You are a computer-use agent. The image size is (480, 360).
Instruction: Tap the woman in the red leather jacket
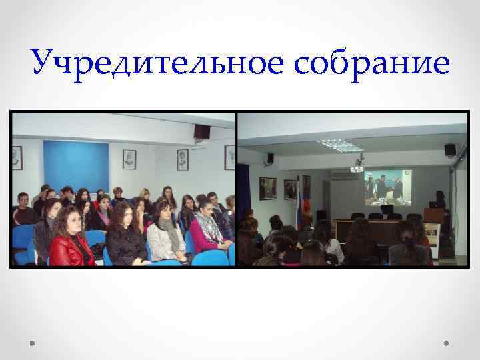tap(71, 243)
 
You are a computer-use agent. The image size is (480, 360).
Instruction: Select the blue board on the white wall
tap(75, 166)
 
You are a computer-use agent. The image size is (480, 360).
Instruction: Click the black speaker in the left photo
tap(201, 131)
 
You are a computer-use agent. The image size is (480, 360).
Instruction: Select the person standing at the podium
tap(440, 200)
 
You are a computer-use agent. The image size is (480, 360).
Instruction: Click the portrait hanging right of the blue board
tap(129, 159)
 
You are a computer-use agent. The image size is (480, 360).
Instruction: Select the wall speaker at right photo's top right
tap(450, 150)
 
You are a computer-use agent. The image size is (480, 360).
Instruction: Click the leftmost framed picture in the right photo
tap(268, 188)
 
